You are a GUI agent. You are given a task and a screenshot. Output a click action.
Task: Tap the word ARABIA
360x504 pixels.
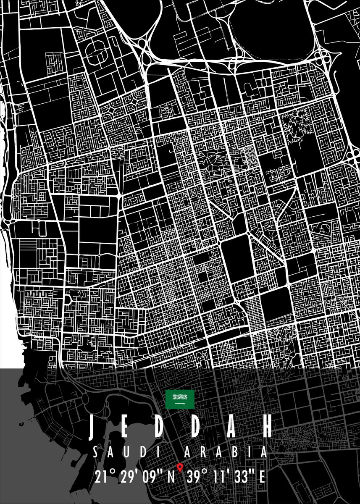tap(226, 453)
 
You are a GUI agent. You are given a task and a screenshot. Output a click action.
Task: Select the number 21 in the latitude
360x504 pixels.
tap(101, 477)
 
